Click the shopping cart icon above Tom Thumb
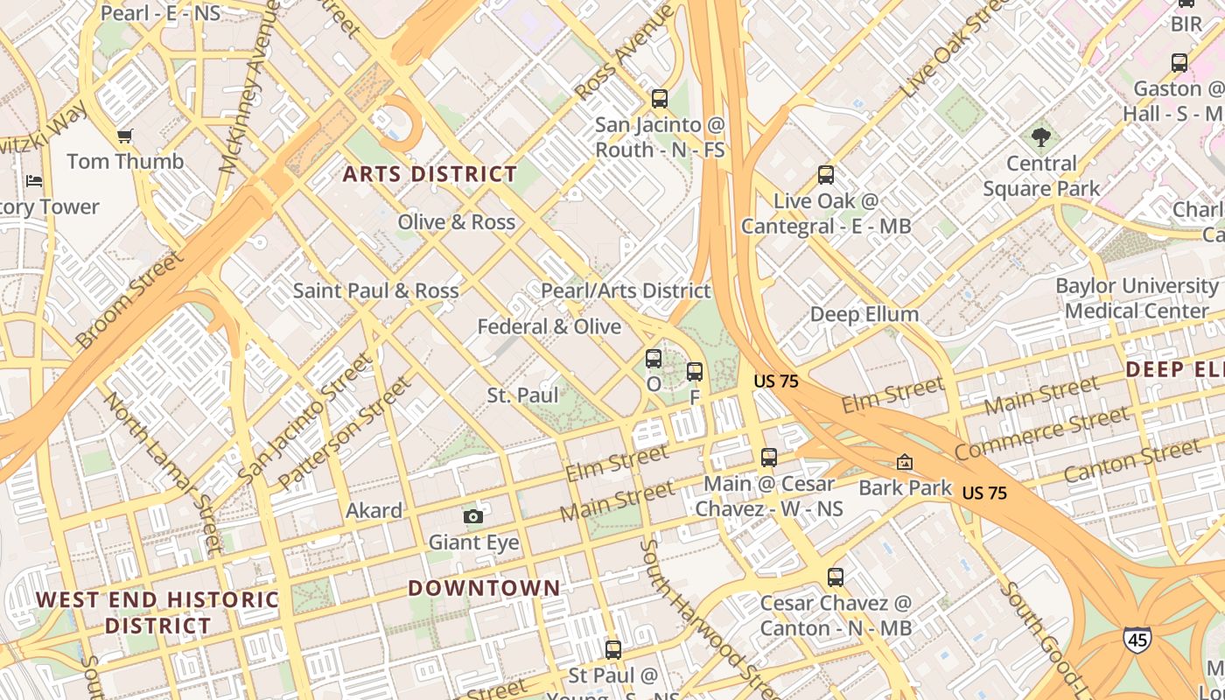(124, 136)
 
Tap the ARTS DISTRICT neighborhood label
(430, 174)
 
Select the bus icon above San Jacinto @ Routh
(660, 99)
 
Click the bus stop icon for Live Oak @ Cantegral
(826, 175)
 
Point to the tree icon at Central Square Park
(1040, 137)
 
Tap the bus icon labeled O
(654, 358)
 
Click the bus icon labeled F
(695, 372)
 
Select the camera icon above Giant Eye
(473, 516)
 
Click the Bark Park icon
(905, 461)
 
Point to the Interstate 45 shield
(1137, 639)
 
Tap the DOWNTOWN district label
(484, 588)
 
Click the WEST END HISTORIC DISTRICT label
(157, 612)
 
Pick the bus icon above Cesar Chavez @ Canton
(836, 577)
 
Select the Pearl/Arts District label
(626, 290)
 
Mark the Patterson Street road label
(344, 433)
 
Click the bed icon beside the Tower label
(34, 181)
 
